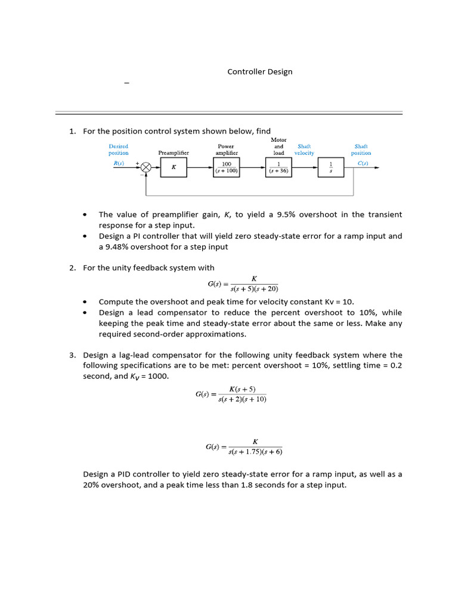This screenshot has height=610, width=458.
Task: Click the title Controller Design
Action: [x=260, y=71]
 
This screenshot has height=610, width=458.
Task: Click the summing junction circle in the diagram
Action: [x=146, y=167]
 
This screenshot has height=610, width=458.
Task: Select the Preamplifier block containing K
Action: [x=174, y=167]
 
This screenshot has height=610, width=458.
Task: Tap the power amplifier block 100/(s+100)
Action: [x=226, y=167]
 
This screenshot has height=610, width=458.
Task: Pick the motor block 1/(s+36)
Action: [x=278, y=167]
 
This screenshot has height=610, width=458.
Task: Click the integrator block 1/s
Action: [x=332, y=167]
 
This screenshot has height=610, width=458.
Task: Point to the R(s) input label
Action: [x=119, y=163]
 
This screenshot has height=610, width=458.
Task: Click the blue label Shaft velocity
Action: [x=304, y=150]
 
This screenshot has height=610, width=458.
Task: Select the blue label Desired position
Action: [x=119, y=150]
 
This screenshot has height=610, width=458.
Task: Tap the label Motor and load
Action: [x=278, y=147]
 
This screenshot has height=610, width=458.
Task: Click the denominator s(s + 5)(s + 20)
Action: [x=254, y=290]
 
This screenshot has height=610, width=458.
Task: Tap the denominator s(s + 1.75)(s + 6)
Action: [x=255, y=452]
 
